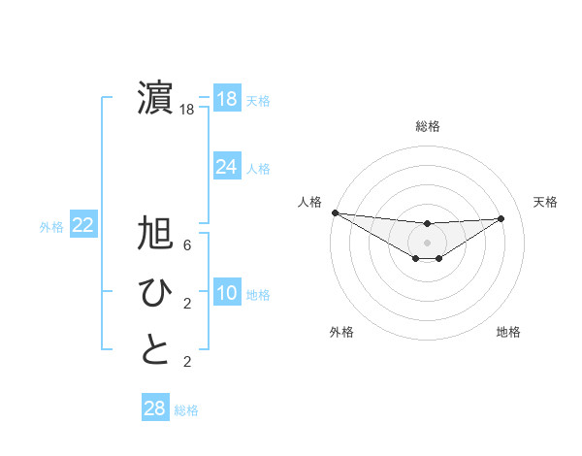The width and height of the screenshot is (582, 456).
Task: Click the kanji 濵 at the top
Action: pyautogui.click(x=155, y=99)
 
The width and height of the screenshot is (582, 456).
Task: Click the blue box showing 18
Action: pyautogui.click(x=226, y=99)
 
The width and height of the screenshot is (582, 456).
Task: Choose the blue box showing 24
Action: pyautogui.click(x=226, y=167)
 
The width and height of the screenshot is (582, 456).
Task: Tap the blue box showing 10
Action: pyautogui.click(x=226, y=294)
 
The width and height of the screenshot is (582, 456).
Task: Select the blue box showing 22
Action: pyautogui.click(x=82, y=226)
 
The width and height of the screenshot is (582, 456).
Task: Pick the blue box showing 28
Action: pyautogui.click(x=154, y=407)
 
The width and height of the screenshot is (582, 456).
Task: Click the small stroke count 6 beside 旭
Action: pyautogui.click(x=186, y=245)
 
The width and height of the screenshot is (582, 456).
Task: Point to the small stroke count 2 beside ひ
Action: pyautogui.click(x=186, y=304)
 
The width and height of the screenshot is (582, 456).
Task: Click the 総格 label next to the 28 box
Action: pyautogui.click(x=186, y=410)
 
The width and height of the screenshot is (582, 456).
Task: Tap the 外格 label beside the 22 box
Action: pyautogui.click(x=51, y=227)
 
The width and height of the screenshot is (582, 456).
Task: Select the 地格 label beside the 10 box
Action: pyautogui.click(x=258, y=295)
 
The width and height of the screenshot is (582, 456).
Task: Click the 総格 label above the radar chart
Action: pyautogui.click(x=427, y=126)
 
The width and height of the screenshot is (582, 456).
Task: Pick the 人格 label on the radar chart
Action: pyautogui.click(x=309, y=201)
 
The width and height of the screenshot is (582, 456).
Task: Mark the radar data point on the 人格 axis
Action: pyautogui.click(x=335, y=212)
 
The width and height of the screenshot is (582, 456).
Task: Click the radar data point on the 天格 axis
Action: pyautogui.click(x=501, y=218)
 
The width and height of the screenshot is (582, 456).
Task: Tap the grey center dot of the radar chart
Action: pyautogui.click(x=427, y=242)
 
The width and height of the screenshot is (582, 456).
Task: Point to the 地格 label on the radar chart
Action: pyautogui.click(x=508, y=332)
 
